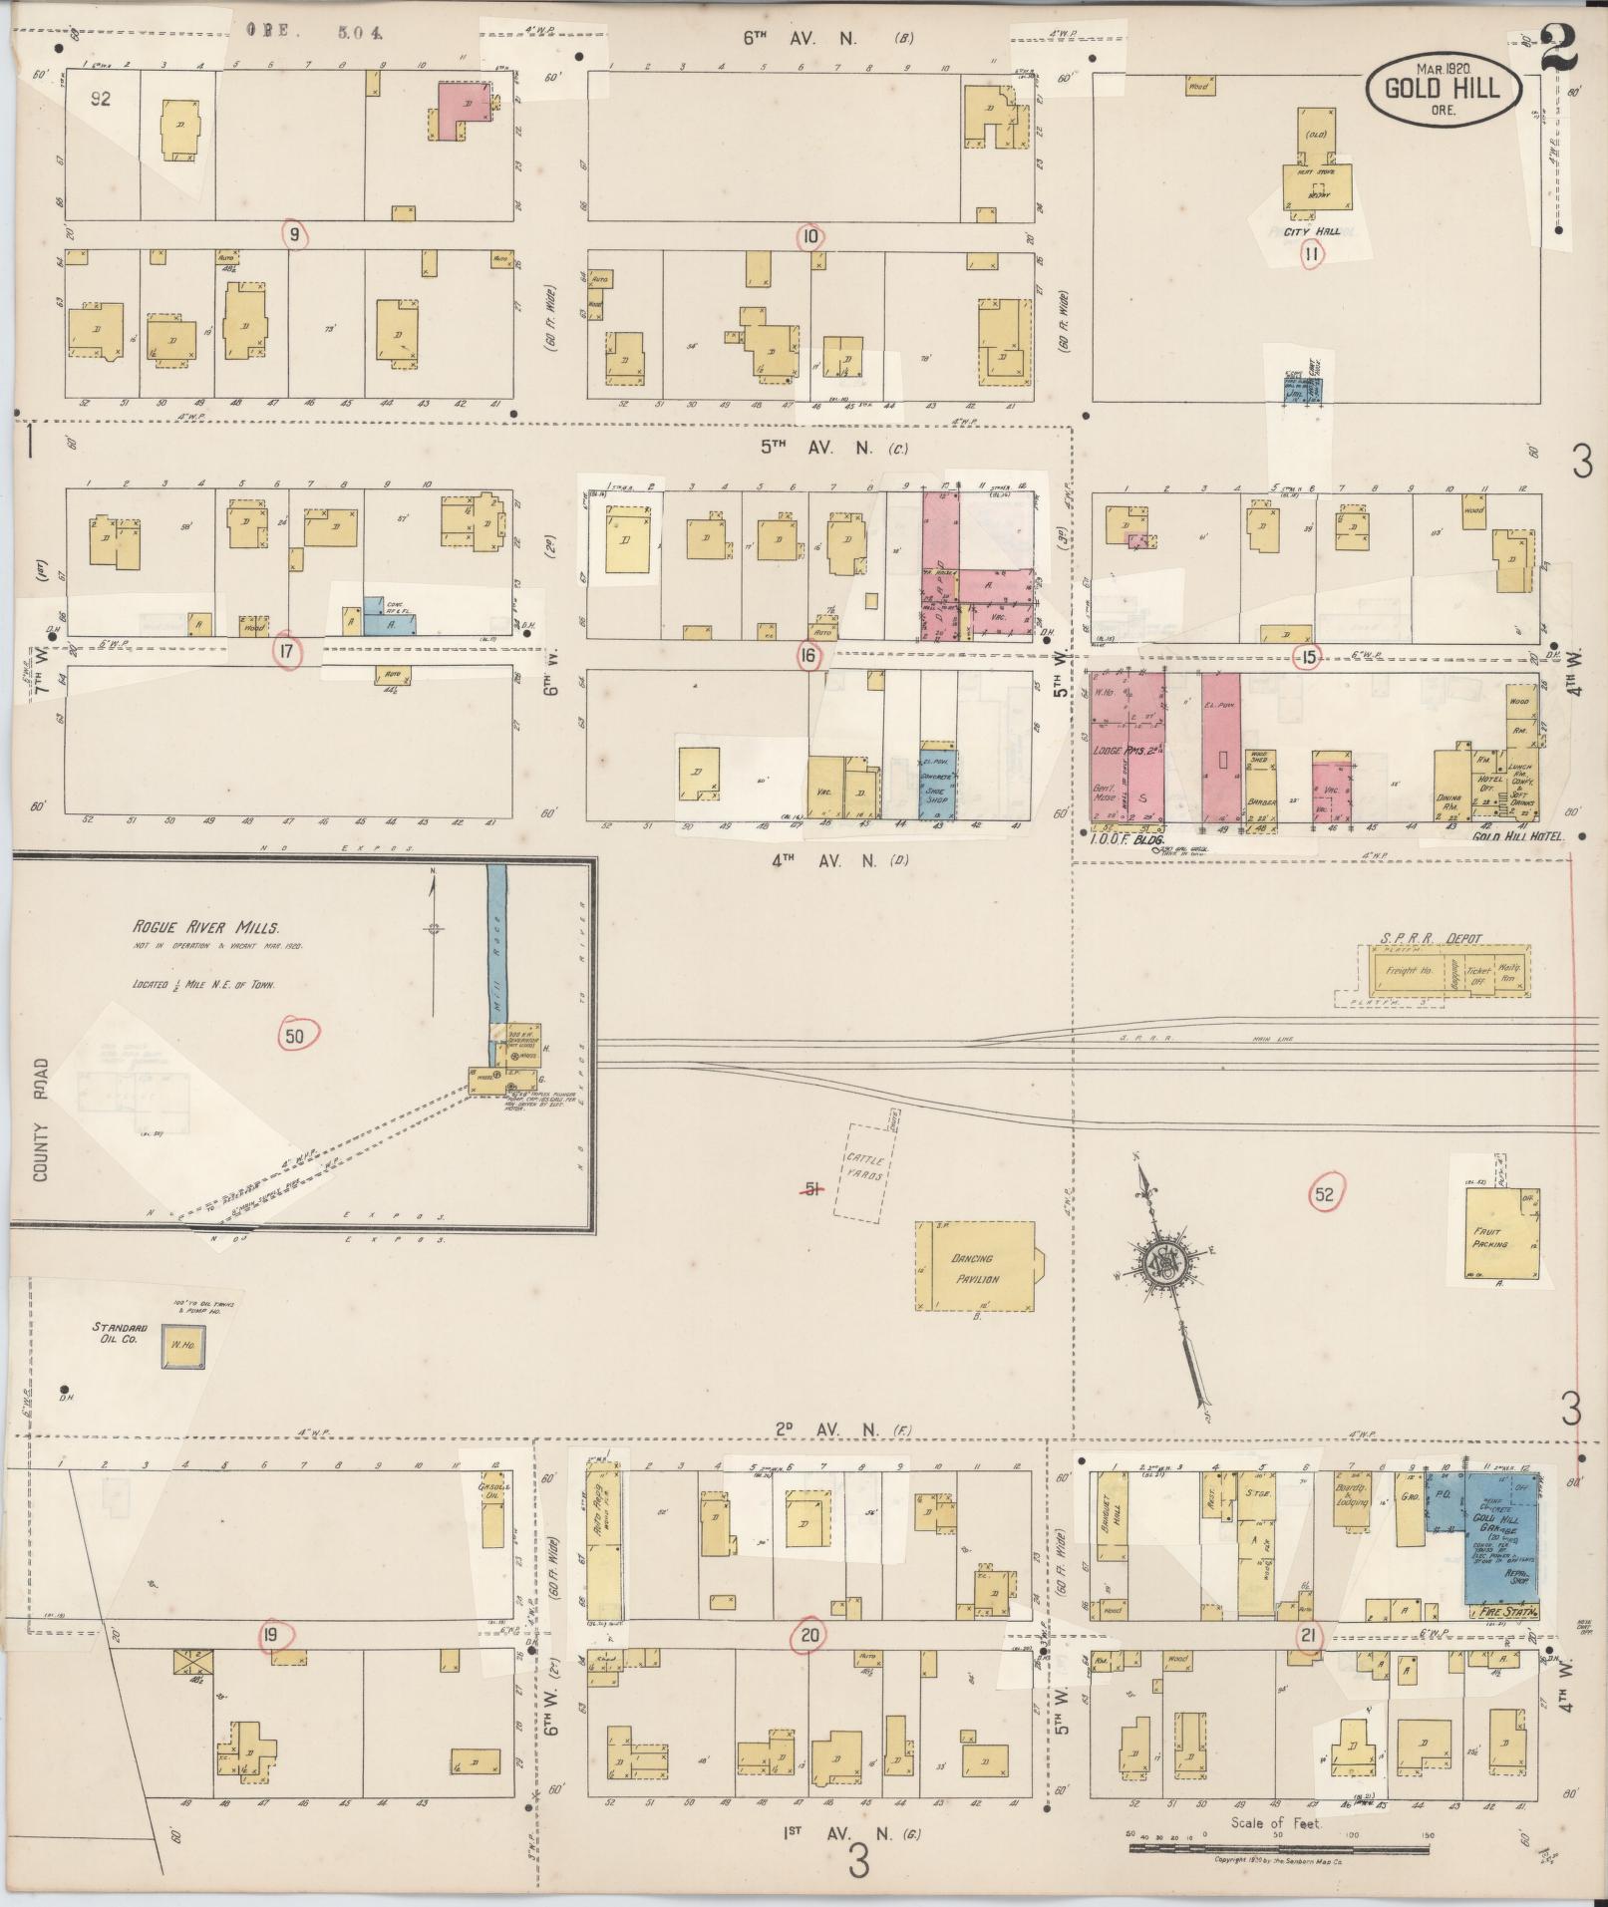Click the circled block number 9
point(295,235)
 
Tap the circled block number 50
point(295,1036)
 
